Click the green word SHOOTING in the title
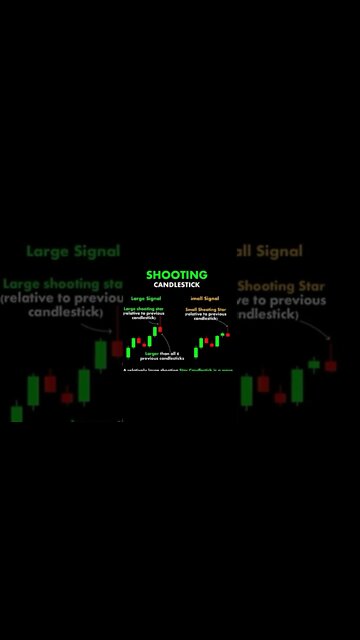(177, 275)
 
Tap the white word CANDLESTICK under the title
(177, 286)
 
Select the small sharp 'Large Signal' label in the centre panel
(146, 298)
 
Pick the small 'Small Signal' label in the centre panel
(205, 298)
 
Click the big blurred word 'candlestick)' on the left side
(60, 314)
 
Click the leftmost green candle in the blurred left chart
(17, 412)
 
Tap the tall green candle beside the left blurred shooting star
(100, 354)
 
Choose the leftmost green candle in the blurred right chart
(247, 390)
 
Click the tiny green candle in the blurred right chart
(314, 364)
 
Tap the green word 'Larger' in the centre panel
(152, 353)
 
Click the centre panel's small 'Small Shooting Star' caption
(206, 309)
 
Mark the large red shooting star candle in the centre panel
(159, 331)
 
